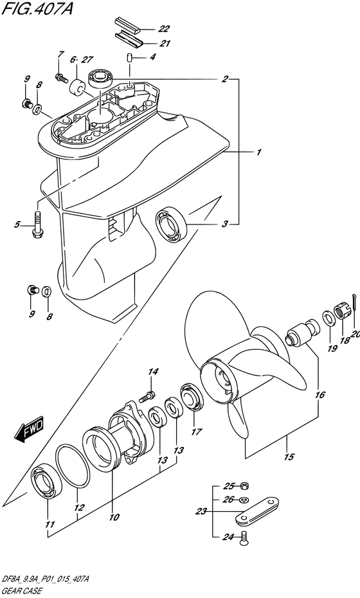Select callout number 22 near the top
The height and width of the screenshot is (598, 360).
coord(165,28)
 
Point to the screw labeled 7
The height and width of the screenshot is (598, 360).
coord(62,78)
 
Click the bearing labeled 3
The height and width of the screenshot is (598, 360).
coord(171,224)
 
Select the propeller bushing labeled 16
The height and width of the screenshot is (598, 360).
coord(303,332)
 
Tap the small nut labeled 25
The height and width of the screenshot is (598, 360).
coord(246,486)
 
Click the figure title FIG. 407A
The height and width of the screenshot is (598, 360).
coord(37,9)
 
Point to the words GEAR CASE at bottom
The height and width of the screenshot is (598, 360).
coord(22,591)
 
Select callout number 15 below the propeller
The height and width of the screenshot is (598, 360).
coord(289,456)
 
